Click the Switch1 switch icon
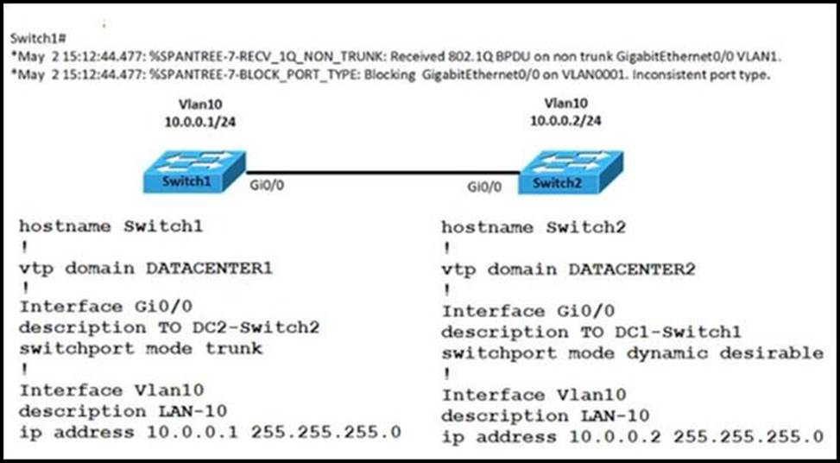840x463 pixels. [193, 172]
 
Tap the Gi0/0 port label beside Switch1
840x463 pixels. [264, 185]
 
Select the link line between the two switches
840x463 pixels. [380, 173]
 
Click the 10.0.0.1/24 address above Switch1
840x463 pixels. [200, 122]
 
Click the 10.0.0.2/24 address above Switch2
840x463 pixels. [565, 122]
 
